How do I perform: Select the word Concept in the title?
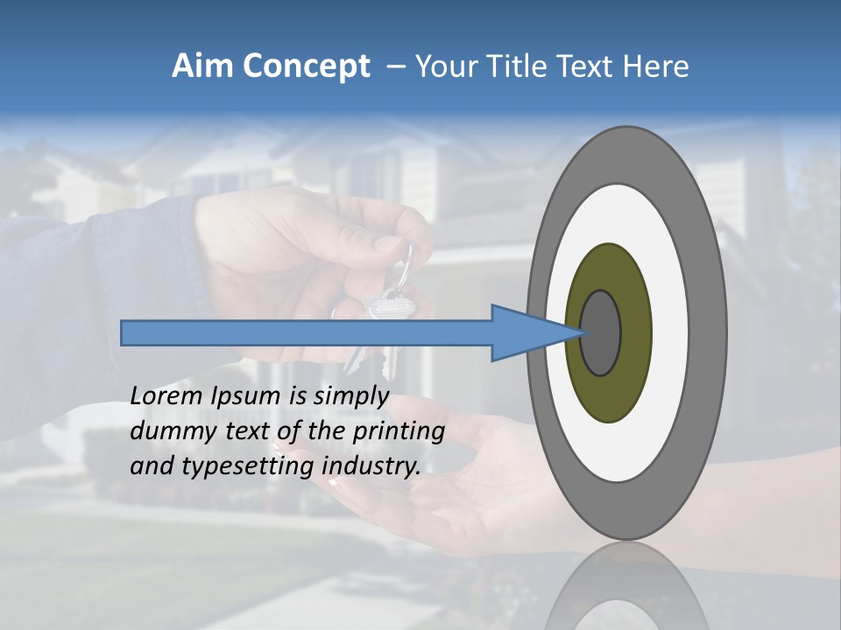(305, 66)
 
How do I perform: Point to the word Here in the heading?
(655, 66)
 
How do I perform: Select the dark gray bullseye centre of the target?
(600, 332)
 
